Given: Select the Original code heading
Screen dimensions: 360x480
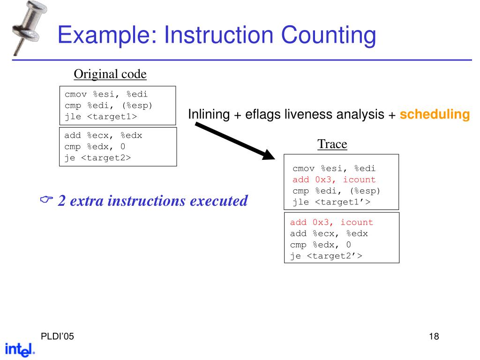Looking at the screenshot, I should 110,74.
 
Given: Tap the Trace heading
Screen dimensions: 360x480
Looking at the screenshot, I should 332,144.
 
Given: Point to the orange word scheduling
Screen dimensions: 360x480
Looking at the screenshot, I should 435,114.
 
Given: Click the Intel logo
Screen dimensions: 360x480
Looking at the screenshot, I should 20,349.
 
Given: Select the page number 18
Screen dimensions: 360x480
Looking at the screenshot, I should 434,337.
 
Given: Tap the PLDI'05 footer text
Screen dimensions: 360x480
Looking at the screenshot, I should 57,337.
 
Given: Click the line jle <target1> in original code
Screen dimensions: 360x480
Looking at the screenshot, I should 101,116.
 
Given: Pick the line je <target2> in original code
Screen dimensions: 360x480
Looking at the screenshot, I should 98,157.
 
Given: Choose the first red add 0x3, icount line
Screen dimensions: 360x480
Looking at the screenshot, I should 334,180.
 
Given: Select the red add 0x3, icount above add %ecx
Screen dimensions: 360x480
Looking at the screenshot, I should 331,222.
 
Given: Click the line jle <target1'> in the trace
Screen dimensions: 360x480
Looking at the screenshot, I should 331,202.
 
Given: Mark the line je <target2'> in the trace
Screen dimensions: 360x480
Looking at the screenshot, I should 326,256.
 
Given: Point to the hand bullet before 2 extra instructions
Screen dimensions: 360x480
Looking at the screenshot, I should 46,201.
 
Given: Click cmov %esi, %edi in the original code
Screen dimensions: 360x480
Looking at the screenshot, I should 106,94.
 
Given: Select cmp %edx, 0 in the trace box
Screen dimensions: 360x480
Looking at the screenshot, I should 321,245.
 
